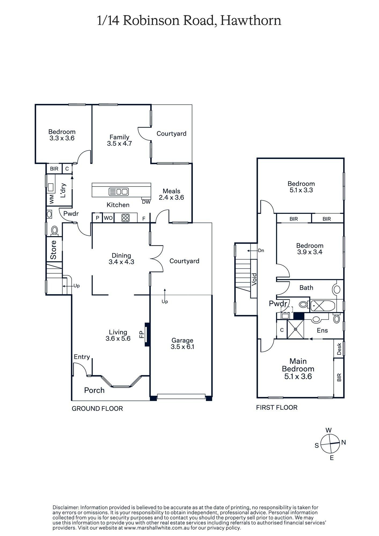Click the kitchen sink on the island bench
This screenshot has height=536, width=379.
tap(119, 192)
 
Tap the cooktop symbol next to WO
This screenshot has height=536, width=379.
tap(126, 218)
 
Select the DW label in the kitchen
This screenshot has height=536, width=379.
tap(146, 202)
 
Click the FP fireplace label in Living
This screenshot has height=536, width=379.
tap(142, 334)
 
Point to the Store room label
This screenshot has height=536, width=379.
tap(54, 250)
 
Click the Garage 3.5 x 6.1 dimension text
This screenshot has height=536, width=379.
tap(182, 347)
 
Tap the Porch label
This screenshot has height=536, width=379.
tap(94, 390)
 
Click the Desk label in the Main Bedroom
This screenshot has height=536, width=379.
tap(339, 349)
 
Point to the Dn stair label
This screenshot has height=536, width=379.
tap(261, 251)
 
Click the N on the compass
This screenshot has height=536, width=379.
tap(344, 442)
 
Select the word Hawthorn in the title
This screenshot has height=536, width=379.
tap(251, 21)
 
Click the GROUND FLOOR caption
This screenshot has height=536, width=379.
tap(97, 408)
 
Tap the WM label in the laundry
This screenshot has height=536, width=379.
tap(51, 199)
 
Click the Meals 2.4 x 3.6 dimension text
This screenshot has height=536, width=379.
tap(171, 198)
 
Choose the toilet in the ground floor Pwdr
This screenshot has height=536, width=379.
tap(54, 230)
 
